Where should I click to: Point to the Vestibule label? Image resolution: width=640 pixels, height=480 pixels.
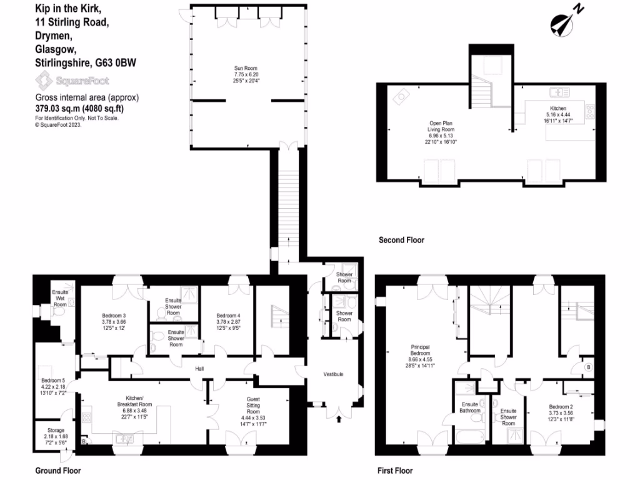point(332,374)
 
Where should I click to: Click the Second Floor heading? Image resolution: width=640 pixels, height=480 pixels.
point(401,240)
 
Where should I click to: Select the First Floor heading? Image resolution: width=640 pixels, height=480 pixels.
point(395,471)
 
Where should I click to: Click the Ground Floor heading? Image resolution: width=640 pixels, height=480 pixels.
point(58,471)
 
